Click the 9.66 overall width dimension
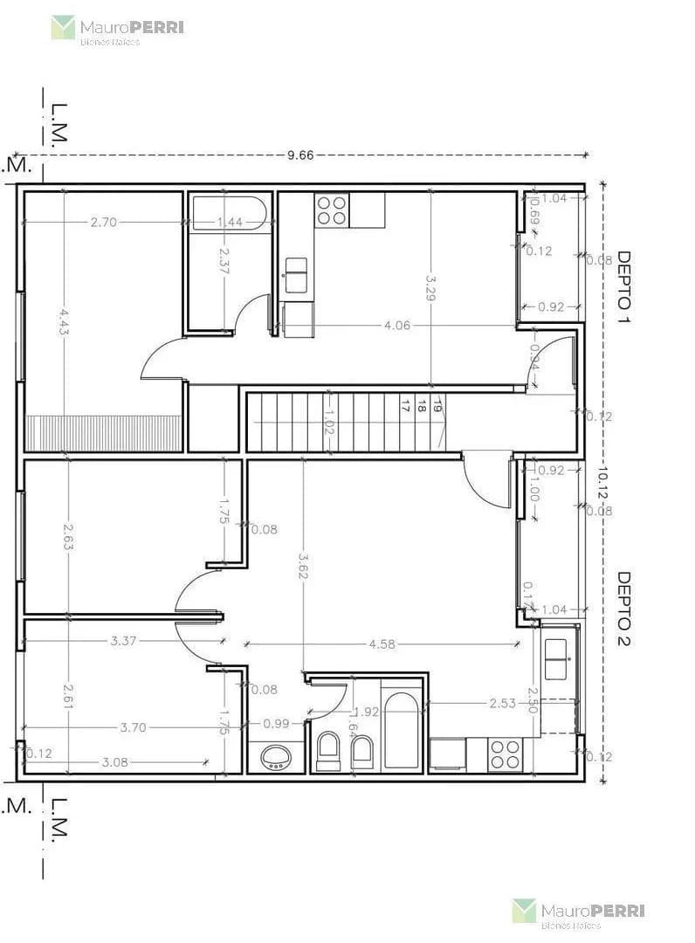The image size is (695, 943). [x=299, y=155]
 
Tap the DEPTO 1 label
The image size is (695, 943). [x=623, y=287]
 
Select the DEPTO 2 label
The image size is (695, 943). [x=623, y=608]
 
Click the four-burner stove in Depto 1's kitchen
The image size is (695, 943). [x=332, y=210]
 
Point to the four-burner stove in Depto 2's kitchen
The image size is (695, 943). [x=506, y=754]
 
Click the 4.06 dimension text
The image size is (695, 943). [x=397, y=326]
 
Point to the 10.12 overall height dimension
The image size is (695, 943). [x=602, y=486]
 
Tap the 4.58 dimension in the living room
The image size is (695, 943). [x=382, y=644]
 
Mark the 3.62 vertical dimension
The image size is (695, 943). [x=303, y=565]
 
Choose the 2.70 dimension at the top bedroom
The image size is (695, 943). [x=103, y=222]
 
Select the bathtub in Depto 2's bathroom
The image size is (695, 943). [x=402, y=732]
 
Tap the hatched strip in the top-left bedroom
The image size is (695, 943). [x=103, y=433]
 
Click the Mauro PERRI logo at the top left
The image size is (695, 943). [x=117, y=30]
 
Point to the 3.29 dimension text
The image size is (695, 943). [x=430, y=289]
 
